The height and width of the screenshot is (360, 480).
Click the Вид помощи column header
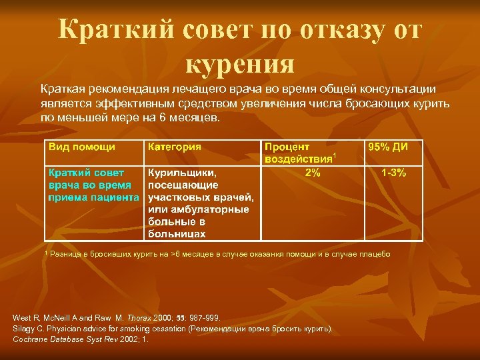[x=82, y=147]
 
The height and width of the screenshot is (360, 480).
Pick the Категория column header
[x=175, y=147]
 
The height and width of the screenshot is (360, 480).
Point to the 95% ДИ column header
[x=393, y=147]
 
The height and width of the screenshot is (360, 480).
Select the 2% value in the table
[x=313, y=173]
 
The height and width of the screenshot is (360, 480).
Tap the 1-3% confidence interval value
[x=393, y=173]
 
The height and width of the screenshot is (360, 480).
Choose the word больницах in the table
[x=177, y=233]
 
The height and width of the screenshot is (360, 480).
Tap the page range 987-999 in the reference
[x=201, y=318]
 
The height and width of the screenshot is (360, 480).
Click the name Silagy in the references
[x=24, y=329]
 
